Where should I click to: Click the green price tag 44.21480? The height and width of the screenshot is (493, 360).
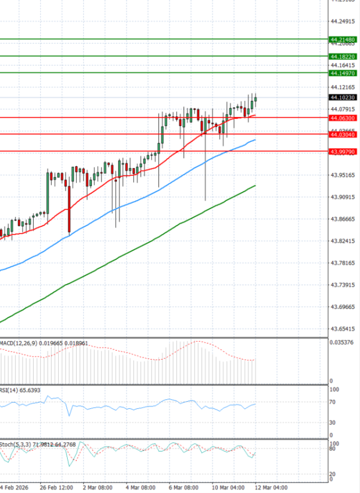tap(343, 40)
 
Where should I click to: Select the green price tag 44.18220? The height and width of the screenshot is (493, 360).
tap(343, 56)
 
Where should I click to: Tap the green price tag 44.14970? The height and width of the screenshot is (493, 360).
tap(343, 73)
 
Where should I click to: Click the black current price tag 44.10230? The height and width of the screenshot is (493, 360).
tap(343, 97)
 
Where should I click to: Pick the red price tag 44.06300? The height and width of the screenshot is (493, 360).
tap(343, 118)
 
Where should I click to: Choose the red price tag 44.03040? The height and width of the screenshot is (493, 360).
tap(343, 135)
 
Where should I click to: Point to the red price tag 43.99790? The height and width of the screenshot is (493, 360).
tap(343, 152)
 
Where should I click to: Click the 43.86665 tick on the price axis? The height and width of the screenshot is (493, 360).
tap(343, 219)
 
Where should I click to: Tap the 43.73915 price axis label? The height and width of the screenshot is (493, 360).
tap(343, 285)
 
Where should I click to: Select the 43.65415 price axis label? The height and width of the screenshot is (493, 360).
tap(343, 329)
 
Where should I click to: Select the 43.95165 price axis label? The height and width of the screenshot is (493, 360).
tap(343, 175)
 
